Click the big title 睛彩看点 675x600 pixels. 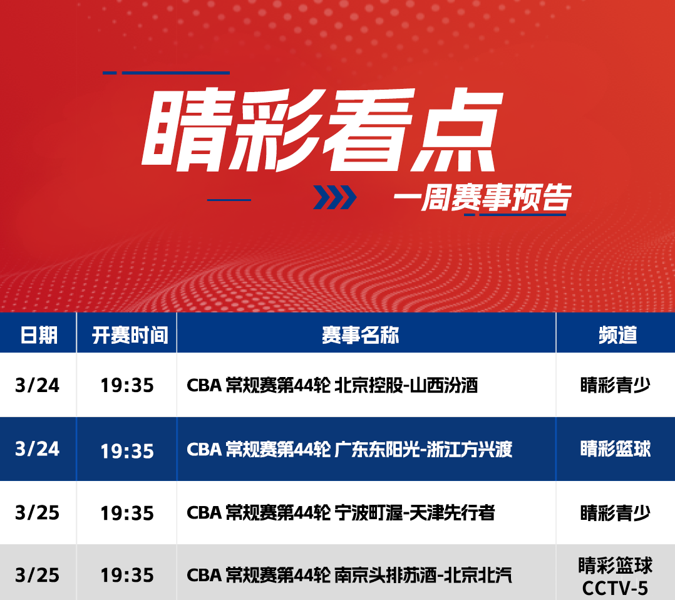(322, 130)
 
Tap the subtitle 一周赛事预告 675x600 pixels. (483, 198)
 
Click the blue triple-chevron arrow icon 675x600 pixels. (335, 197)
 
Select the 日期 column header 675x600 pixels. (39, 334)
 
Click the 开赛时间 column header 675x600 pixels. (130, 334)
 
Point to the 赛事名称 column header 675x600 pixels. (360, 334)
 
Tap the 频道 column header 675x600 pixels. (618, 334)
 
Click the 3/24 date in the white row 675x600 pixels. (37, 385)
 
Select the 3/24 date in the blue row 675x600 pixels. (37, 449)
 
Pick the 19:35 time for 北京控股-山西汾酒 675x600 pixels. (127, 385)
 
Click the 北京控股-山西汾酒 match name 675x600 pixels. (406, 385)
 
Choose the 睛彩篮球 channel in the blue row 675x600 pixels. (616, 449)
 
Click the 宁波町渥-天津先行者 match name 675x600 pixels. (415, 512)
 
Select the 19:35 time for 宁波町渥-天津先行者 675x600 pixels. (127, 513)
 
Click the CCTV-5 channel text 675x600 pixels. (615, 588)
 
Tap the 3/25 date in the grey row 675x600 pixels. (37, 575)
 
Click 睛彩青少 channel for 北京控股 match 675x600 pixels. (615, 385)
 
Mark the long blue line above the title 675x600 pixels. (175, 73)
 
